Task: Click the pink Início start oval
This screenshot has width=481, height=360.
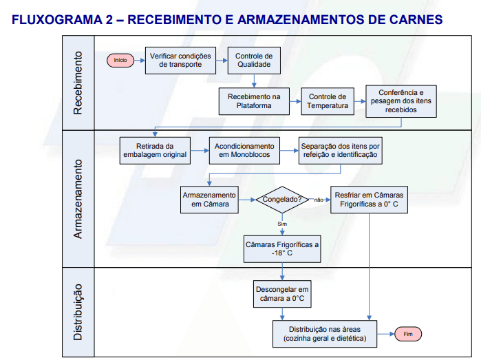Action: point(120,61)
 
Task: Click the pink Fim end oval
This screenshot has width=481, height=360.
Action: point(407,334)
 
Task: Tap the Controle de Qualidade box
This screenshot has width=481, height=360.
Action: point(254,61)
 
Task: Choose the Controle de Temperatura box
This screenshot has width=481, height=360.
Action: point(327,101)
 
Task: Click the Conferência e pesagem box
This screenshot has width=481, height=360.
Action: point(400,101)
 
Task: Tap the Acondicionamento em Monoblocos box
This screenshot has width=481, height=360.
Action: point(244,150)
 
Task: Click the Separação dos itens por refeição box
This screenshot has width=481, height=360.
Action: point(340,150)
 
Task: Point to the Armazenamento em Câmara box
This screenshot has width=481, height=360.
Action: point(210,200)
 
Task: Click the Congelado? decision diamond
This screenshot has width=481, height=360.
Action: point(282,200)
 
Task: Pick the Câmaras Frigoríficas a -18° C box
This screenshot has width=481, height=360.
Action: point(282,249)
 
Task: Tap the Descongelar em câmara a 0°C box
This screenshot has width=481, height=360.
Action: point(282,294)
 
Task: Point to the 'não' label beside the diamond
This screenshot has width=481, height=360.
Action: point(319,200)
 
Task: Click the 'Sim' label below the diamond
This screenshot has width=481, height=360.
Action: point(282,224)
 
